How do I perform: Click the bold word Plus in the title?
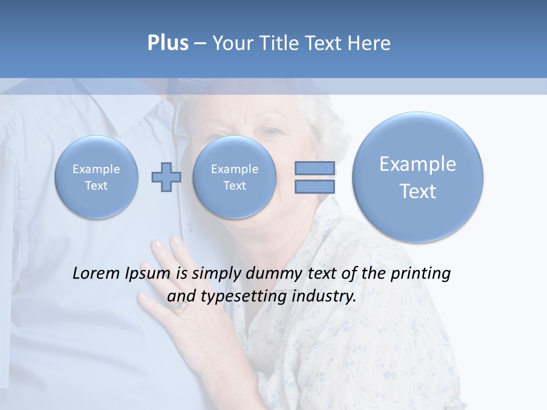(x=168, y=43)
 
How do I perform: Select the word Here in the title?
(x=370, y=43)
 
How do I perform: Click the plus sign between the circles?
(x=166, y=177)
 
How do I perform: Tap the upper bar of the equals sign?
(x=314, y=168)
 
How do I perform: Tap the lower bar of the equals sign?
(x=314, y=186)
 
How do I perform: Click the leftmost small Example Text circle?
(x=96, y=177)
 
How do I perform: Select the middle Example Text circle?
(x=234, y=177)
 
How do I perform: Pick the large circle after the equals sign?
(x=418, y=177)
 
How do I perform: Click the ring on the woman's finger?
(x=179, y=306)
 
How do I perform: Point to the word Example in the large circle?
(x=418, y=164)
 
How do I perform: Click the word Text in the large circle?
(x=418, y=191)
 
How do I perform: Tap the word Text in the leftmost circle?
(x=96, y=186)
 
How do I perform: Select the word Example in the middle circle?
(x=234, y=169)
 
